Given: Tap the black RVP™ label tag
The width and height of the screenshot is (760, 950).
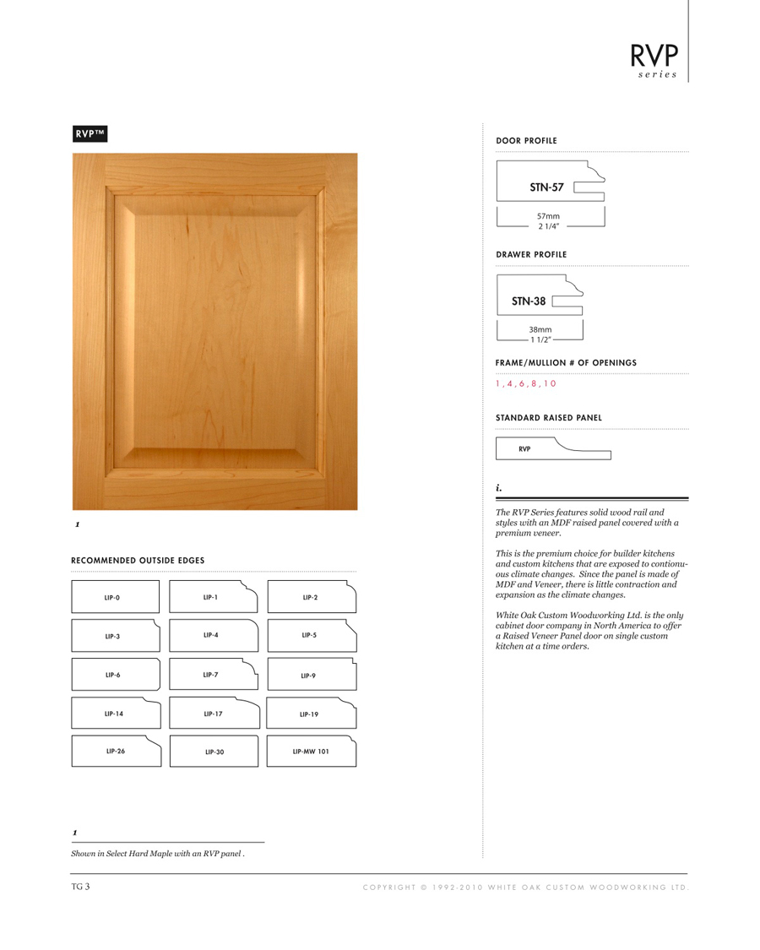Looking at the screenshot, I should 89,133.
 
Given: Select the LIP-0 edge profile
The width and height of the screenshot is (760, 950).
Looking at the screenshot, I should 115,597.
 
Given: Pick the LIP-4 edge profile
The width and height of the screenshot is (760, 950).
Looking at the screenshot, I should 214,634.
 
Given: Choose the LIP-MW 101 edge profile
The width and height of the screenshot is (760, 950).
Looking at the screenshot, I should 311,751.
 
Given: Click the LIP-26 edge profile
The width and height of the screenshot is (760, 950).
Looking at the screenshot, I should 116,751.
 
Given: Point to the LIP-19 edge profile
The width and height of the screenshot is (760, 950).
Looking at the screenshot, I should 311,714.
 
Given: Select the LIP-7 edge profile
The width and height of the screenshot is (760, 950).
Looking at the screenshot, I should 214,675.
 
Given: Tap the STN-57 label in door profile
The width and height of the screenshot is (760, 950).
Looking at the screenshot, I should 546,187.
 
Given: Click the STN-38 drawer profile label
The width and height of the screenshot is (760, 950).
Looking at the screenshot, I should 529,301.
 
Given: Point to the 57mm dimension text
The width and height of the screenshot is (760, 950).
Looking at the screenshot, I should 548,216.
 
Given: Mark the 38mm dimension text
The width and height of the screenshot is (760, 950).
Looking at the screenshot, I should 540,329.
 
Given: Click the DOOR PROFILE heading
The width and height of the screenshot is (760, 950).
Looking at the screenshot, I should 526,141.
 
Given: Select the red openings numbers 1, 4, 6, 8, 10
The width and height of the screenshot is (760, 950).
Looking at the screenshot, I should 526,384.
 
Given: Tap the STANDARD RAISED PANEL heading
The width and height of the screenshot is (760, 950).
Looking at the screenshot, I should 549,418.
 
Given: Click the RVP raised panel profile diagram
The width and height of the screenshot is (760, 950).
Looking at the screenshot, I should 553,448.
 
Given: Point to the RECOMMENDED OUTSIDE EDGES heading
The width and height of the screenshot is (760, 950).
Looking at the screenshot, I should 138,561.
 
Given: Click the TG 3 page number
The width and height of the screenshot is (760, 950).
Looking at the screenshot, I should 80,887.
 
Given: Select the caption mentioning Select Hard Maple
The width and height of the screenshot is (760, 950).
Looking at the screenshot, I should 158,853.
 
